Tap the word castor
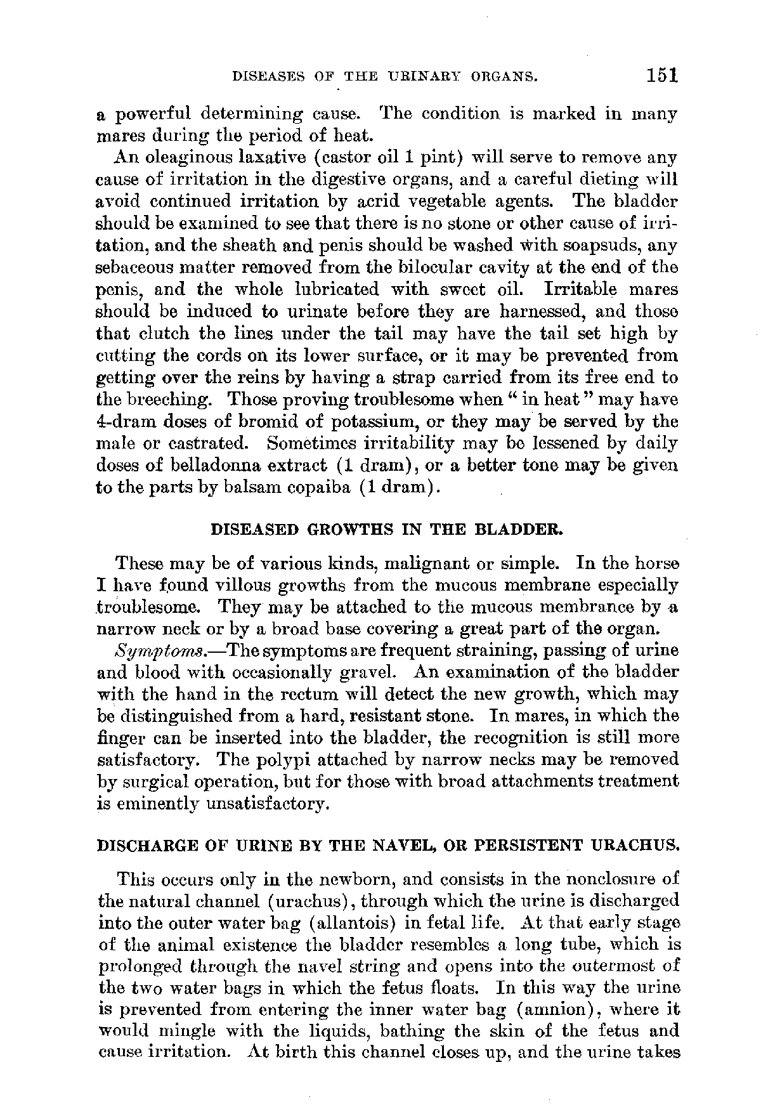(323, 157)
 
